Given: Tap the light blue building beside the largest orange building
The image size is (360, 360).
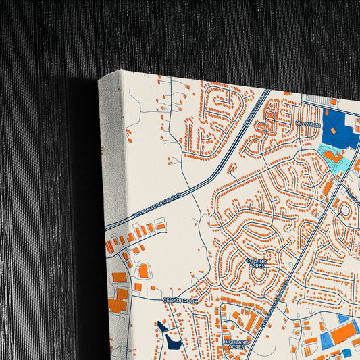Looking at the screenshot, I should click(326, 339).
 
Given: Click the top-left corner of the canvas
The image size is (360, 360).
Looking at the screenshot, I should click(99, 80).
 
